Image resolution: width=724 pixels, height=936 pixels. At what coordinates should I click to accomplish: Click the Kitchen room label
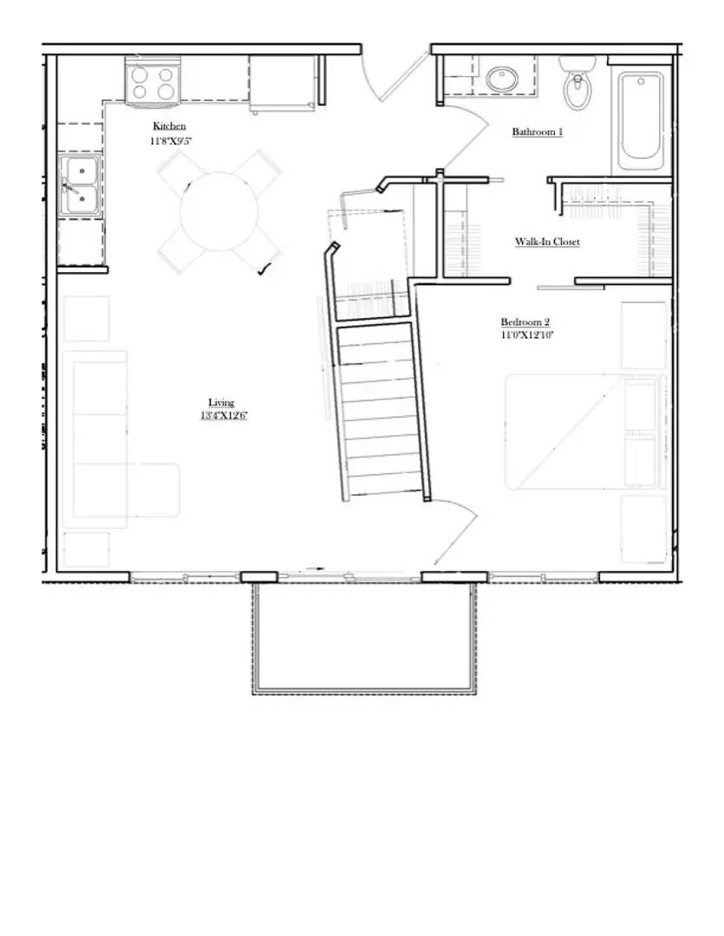pyautogui.click(x=169, y=126)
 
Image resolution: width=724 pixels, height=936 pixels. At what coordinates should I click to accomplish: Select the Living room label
pyautogui.click(x=221, y=402)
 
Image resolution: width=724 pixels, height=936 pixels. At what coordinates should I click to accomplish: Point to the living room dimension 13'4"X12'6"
pyautogui.click(x=221, y=415)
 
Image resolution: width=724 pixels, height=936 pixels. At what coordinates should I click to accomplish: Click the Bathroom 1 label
pyautogui.click(x=537, y=132)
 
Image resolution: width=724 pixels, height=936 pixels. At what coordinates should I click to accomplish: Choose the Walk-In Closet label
pyautogui.click(x=546, y=242)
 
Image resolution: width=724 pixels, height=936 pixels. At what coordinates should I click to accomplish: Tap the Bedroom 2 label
pyautogui.click(x=525, y=322)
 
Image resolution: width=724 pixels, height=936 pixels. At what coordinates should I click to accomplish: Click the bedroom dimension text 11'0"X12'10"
pyautogui.click(x=526, y=335)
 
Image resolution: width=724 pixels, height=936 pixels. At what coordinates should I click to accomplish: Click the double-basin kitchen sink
pyautogui.click(x=79, y=186)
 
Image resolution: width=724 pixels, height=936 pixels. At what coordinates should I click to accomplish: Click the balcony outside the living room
pyautogui.click(x=364, y=637)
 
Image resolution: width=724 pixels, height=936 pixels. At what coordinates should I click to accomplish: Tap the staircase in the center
pyautogui.click(x=382, y=407)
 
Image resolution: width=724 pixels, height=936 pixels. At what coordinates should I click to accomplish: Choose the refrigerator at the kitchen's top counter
pyautogui.click(x=282, y=83)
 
